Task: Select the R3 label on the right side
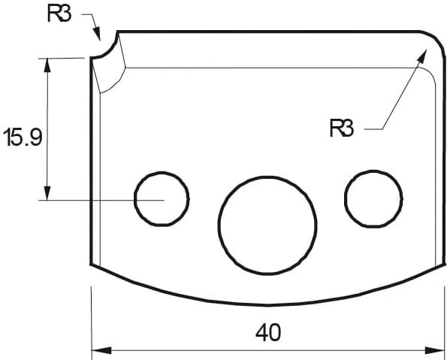tap(341, 129)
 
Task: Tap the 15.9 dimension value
tap(23, 138)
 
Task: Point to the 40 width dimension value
tap(267, 332)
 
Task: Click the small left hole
tap(162, 199)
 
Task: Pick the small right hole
tap(373, 197)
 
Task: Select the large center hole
tap(267, 225)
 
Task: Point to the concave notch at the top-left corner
tap(105, 50)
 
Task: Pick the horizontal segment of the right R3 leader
tap(373, 129)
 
